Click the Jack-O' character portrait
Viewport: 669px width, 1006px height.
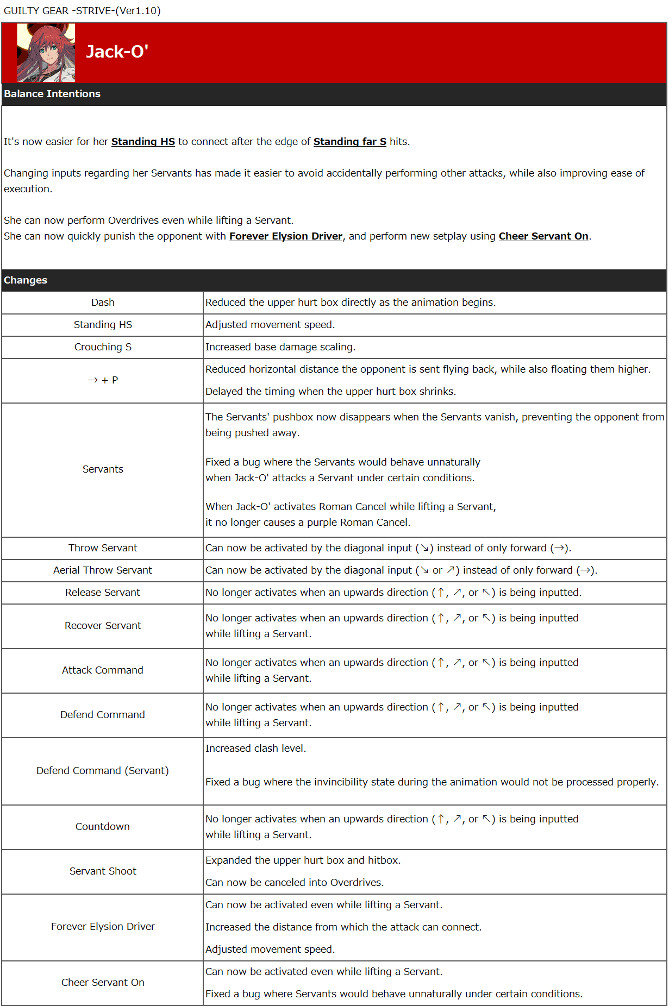(46, 53)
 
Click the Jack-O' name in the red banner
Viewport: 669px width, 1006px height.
(117, 52)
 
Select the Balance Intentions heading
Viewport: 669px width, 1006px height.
(52, 94)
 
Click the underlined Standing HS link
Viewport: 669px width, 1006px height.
(143, 142)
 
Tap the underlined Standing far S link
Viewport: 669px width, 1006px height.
(349, 142)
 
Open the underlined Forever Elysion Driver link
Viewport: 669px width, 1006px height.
(285, 236)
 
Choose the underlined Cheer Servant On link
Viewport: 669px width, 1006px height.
(543, 236)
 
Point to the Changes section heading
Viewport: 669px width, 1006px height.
(26, 280)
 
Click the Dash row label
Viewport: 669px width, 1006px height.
(103, 303)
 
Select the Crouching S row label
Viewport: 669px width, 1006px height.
(103, 347)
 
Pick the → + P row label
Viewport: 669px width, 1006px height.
(103, 380)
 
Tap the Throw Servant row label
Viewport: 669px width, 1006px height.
(103, 548)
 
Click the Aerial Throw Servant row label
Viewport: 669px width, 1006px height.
(103, 570)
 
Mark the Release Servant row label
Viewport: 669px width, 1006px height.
(103, 593)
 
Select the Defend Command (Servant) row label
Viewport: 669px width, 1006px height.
(103, 771)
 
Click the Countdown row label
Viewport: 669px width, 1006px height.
(103, 827)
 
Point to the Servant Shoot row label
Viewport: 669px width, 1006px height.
(103, 871)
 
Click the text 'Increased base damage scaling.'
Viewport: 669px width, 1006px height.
(280, 347)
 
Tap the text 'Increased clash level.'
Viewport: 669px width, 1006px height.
(255, 749)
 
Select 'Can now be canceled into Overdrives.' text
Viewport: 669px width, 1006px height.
(294, 883)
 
